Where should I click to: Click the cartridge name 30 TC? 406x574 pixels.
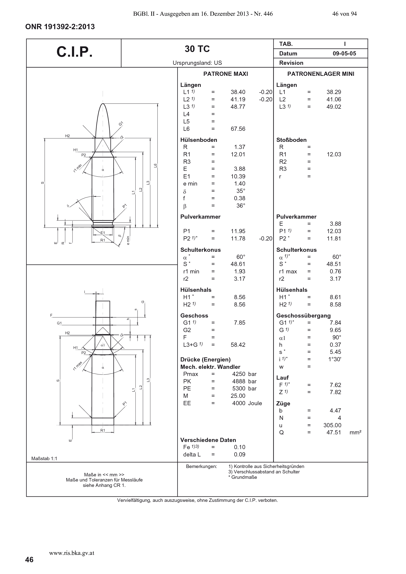tap(197, 49)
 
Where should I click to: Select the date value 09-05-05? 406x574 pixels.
tap(344, 53)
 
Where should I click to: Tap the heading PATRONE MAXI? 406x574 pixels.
tap(226, 74)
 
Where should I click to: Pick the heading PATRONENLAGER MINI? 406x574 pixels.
tap(321, 74)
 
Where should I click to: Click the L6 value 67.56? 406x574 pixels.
tap(238, 129)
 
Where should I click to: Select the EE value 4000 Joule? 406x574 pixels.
tap(247, 403)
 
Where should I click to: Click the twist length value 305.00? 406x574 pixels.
tap(332, 425)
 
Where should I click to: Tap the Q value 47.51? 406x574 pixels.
tap(334, 432)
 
